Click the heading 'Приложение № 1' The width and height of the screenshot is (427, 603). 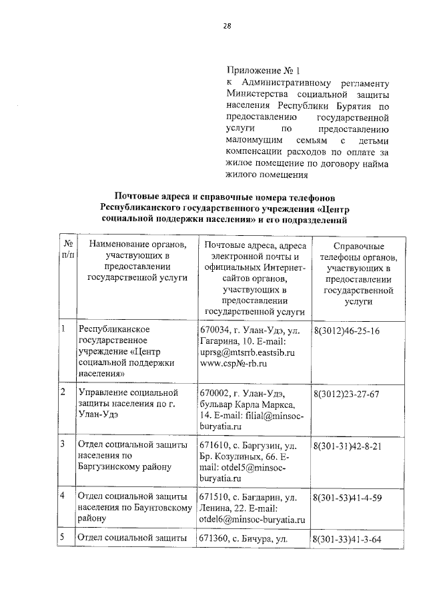click(264, 69)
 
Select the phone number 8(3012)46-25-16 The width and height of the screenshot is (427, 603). click(346, 331)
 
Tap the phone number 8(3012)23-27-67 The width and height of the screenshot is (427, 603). click(346, 394)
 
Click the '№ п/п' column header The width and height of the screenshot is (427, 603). click(67, 251)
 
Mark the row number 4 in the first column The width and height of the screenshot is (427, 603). click(62, 496)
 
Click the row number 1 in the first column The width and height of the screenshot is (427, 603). click(62, 329)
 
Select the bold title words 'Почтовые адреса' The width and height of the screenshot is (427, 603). click(151, 197)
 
